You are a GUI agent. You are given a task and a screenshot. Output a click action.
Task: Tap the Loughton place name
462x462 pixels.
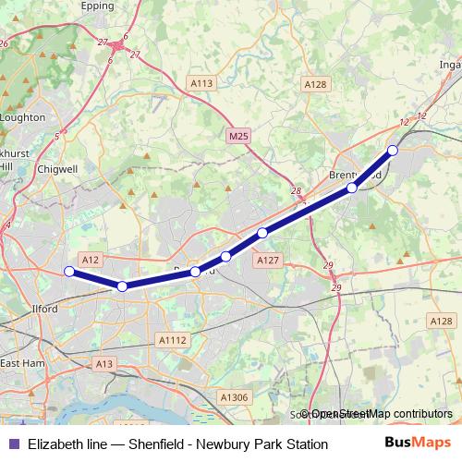[23, 117]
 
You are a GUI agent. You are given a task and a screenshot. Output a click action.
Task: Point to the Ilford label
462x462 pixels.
[44, 309]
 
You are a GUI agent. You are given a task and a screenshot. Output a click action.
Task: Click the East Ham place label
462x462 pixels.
[22, 363]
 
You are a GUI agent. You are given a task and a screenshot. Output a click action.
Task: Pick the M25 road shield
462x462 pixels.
[237, 137]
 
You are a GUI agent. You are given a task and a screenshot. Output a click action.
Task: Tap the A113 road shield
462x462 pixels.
[201, 83]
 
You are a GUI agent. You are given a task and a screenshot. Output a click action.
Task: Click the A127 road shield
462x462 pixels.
[268, 261]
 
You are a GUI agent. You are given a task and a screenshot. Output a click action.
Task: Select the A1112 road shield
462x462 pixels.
[173, 340]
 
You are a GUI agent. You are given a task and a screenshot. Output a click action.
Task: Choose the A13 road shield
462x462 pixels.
[104, 365]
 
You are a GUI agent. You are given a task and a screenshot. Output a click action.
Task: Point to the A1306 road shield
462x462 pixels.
[234, 397]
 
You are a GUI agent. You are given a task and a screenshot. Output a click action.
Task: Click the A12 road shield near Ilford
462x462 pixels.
[90, 261]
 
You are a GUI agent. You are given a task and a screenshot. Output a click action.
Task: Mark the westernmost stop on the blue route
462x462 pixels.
[68, 271]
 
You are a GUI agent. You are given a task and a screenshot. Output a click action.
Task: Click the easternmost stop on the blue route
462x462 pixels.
[392, 150]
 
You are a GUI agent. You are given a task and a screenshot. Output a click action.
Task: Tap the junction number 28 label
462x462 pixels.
[296, 191]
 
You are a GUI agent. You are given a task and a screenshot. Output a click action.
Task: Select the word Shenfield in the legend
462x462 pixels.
[153, 444]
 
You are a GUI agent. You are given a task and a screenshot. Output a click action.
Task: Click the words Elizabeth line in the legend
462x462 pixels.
[67, 444]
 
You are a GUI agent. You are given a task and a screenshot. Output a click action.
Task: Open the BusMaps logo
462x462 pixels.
[417, 444]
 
